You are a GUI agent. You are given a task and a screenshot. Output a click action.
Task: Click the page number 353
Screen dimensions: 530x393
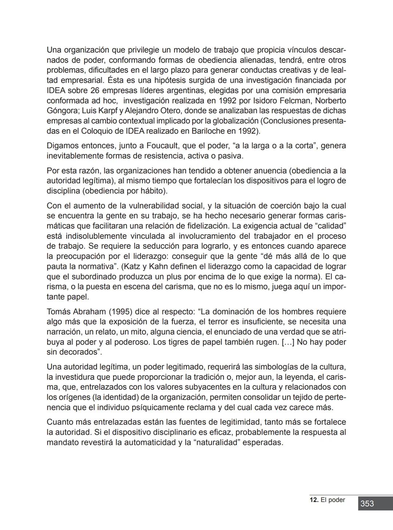[367, 503]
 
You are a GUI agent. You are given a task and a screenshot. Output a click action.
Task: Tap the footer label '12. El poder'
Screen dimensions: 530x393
[327, 500]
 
